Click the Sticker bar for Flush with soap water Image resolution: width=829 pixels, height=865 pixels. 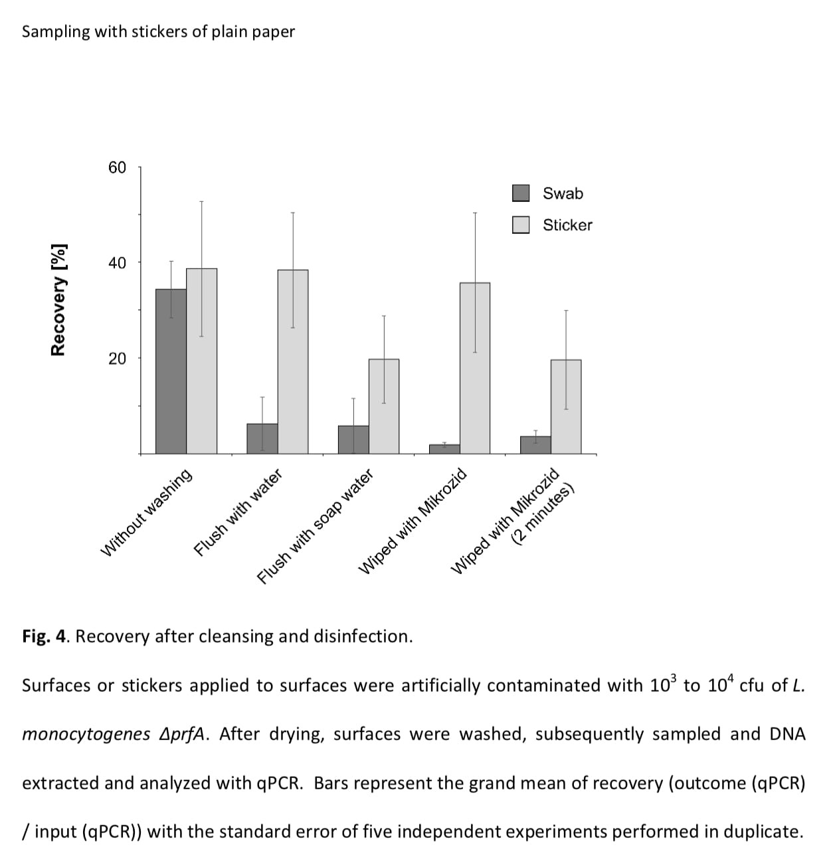(384, 406)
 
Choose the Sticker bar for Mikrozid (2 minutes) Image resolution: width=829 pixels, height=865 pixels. (566, 407)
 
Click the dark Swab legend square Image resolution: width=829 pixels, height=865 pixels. (521, 193)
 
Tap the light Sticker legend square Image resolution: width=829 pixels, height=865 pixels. (521, 225)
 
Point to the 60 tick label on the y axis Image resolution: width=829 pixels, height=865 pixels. (117, 167)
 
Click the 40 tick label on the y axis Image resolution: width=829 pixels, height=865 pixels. (117, 263)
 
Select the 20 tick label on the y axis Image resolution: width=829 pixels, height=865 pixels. (117, 359)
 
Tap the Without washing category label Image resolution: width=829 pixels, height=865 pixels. (147, 512)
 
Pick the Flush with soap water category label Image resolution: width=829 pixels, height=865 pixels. (315, 526)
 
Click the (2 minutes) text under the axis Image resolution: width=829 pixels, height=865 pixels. (543, 514)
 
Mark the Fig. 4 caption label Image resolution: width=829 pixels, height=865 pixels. (45, 636)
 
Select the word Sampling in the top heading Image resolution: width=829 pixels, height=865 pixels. (56, 31)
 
